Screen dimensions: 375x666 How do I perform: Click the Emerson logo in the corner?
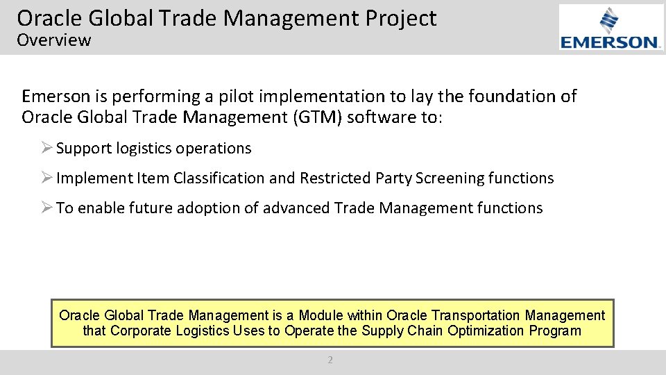click(x=611, y=28)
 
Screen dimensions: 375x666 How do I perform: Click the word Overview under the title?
click(x=54, y=40)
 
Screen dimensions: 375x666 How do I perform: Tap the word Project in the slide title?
click(x=402, y=19)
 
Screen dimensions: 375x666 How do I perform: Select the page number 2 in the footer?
click(x=330, y=360)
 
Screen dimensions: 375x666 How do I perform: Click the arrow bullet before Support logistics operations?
click(x=46, y=149)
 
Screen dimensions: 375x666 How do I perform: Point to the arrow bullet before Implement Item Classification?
click(x=46, y=178)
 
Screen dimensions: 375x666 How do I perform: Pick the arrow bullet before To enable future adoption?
click(x=46, y=208)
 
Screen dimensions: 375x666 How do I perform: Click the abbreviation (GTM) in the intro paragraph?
click(x=319, y=117)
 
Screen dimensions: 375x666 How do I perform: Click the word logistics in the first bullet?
click(x=144, y=149)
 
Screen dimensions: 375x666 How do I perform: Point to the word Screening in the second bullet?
click(x=450, y=178)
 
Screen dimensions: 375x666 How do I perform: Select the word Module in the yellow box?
click(x=321, y=316)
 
